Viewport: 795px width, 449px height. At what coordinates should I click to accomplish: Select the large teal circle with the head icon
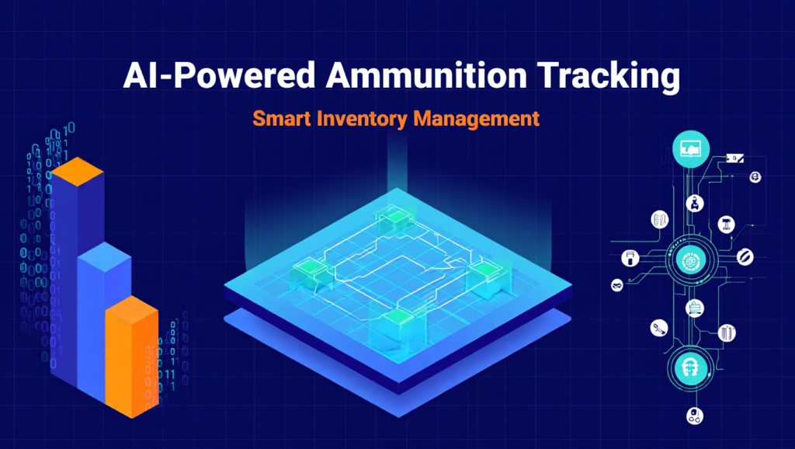tap(689, 366)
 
